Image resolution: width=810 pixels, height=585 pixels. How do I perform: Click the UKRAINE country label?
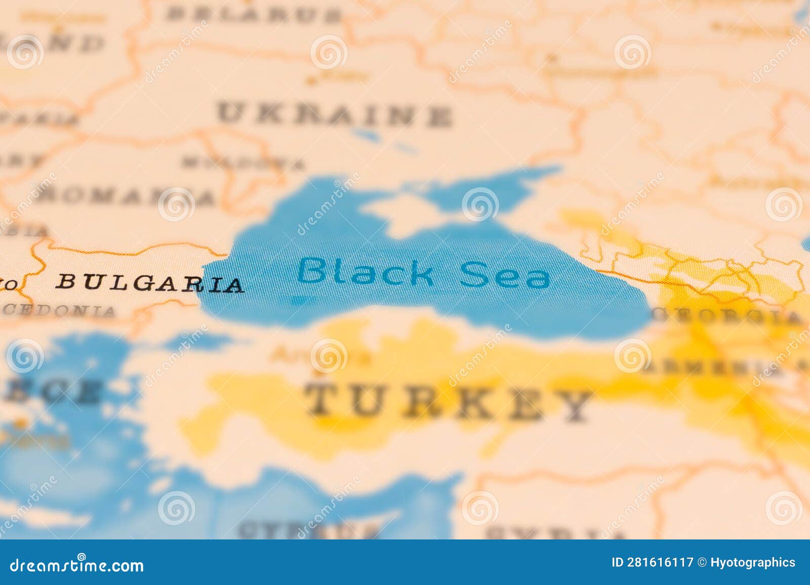(334, 115)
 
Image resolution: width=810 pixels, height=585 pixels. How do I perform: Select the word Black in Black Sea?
(365, 272)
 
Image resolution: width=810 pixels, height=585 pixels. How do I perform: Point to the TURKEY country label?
(449, 402)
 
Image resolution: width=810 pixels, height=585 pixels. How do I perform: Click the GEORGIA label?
(727, 315)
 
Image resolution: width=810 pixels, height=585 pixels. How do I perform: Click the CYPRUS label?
(309, 530)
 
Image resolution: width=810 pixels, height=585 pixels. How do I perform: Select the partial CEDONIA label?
(59, 310)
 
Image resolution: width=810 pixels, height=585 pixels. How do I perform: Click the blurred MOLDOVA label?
(244, 163)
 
